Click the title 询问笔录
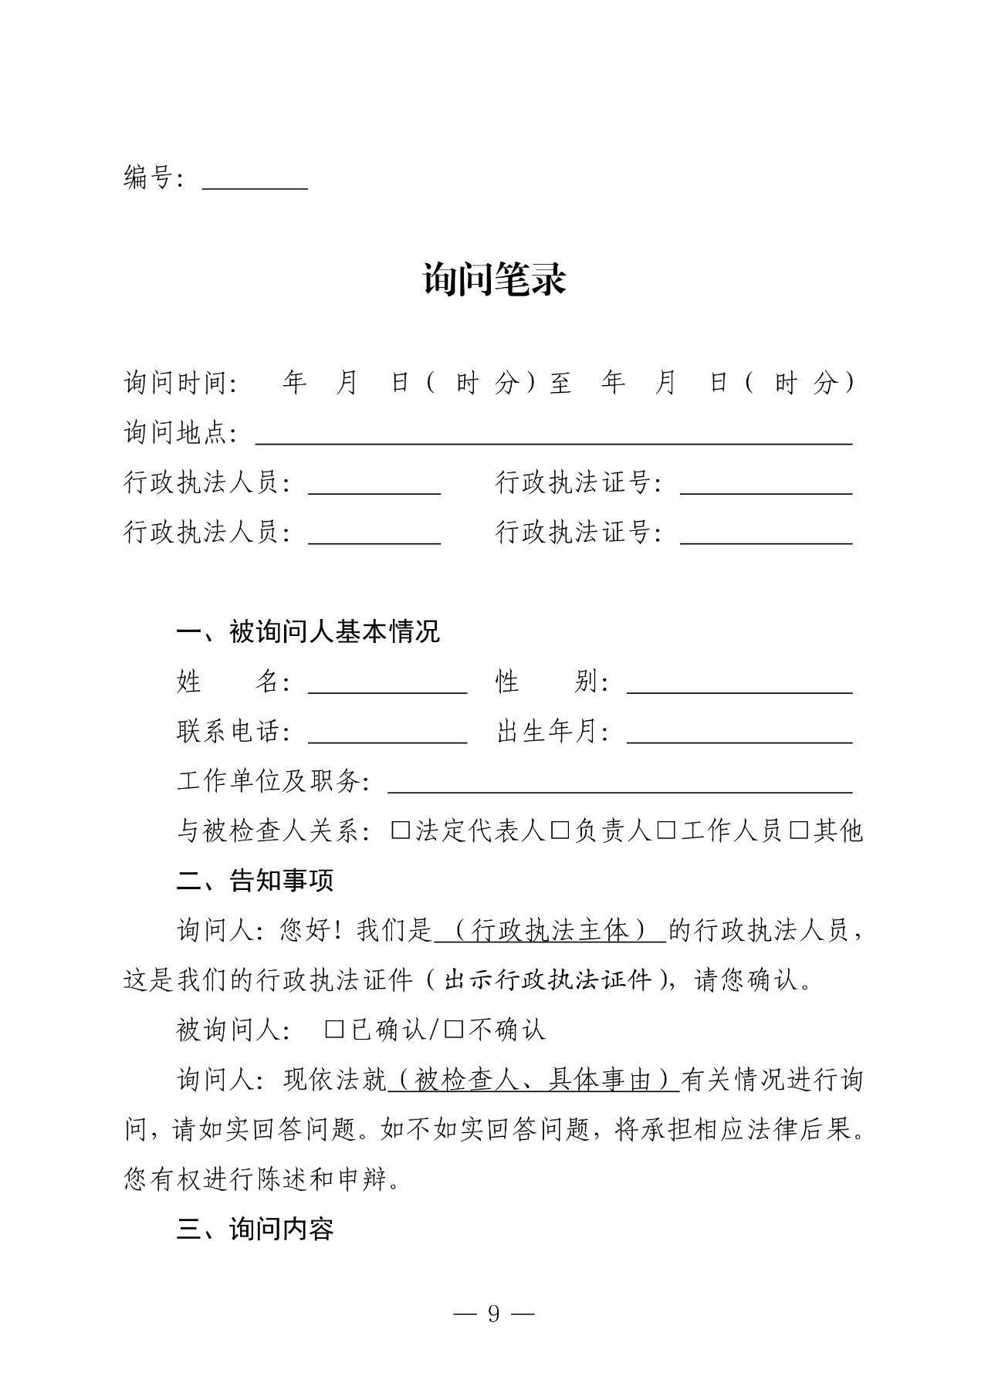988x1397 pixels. click(494, 279)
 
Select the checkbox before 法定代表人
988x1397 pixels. click(401, 830)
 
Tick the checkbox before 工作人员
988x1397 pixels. click(666, 830)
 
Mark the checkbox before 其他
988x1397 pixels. click(800, 830)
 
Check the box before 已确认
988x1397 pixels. click(334, 1030)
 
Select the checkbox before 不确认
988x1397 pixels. click(454, 1030)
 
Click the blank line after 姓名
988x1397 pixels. click(387, 685)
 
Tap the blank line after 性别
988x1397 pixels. click(739, 685)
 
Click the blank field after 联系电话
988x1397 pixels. click(387, 734)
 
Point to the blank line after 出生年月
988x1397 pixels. click(739, 734)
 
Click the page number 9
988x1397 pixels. click(494, 1313)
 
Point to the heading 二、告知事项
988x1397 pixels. click(255, 881)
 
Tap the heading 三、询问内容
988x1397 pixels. click(255, 1229)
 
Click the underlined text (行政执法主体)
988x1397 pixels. click(550, 931)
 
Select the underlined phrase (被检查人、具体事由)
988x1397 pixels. click(533, 1080)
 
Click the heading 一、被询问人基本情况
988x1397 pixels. click(308, 632)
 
